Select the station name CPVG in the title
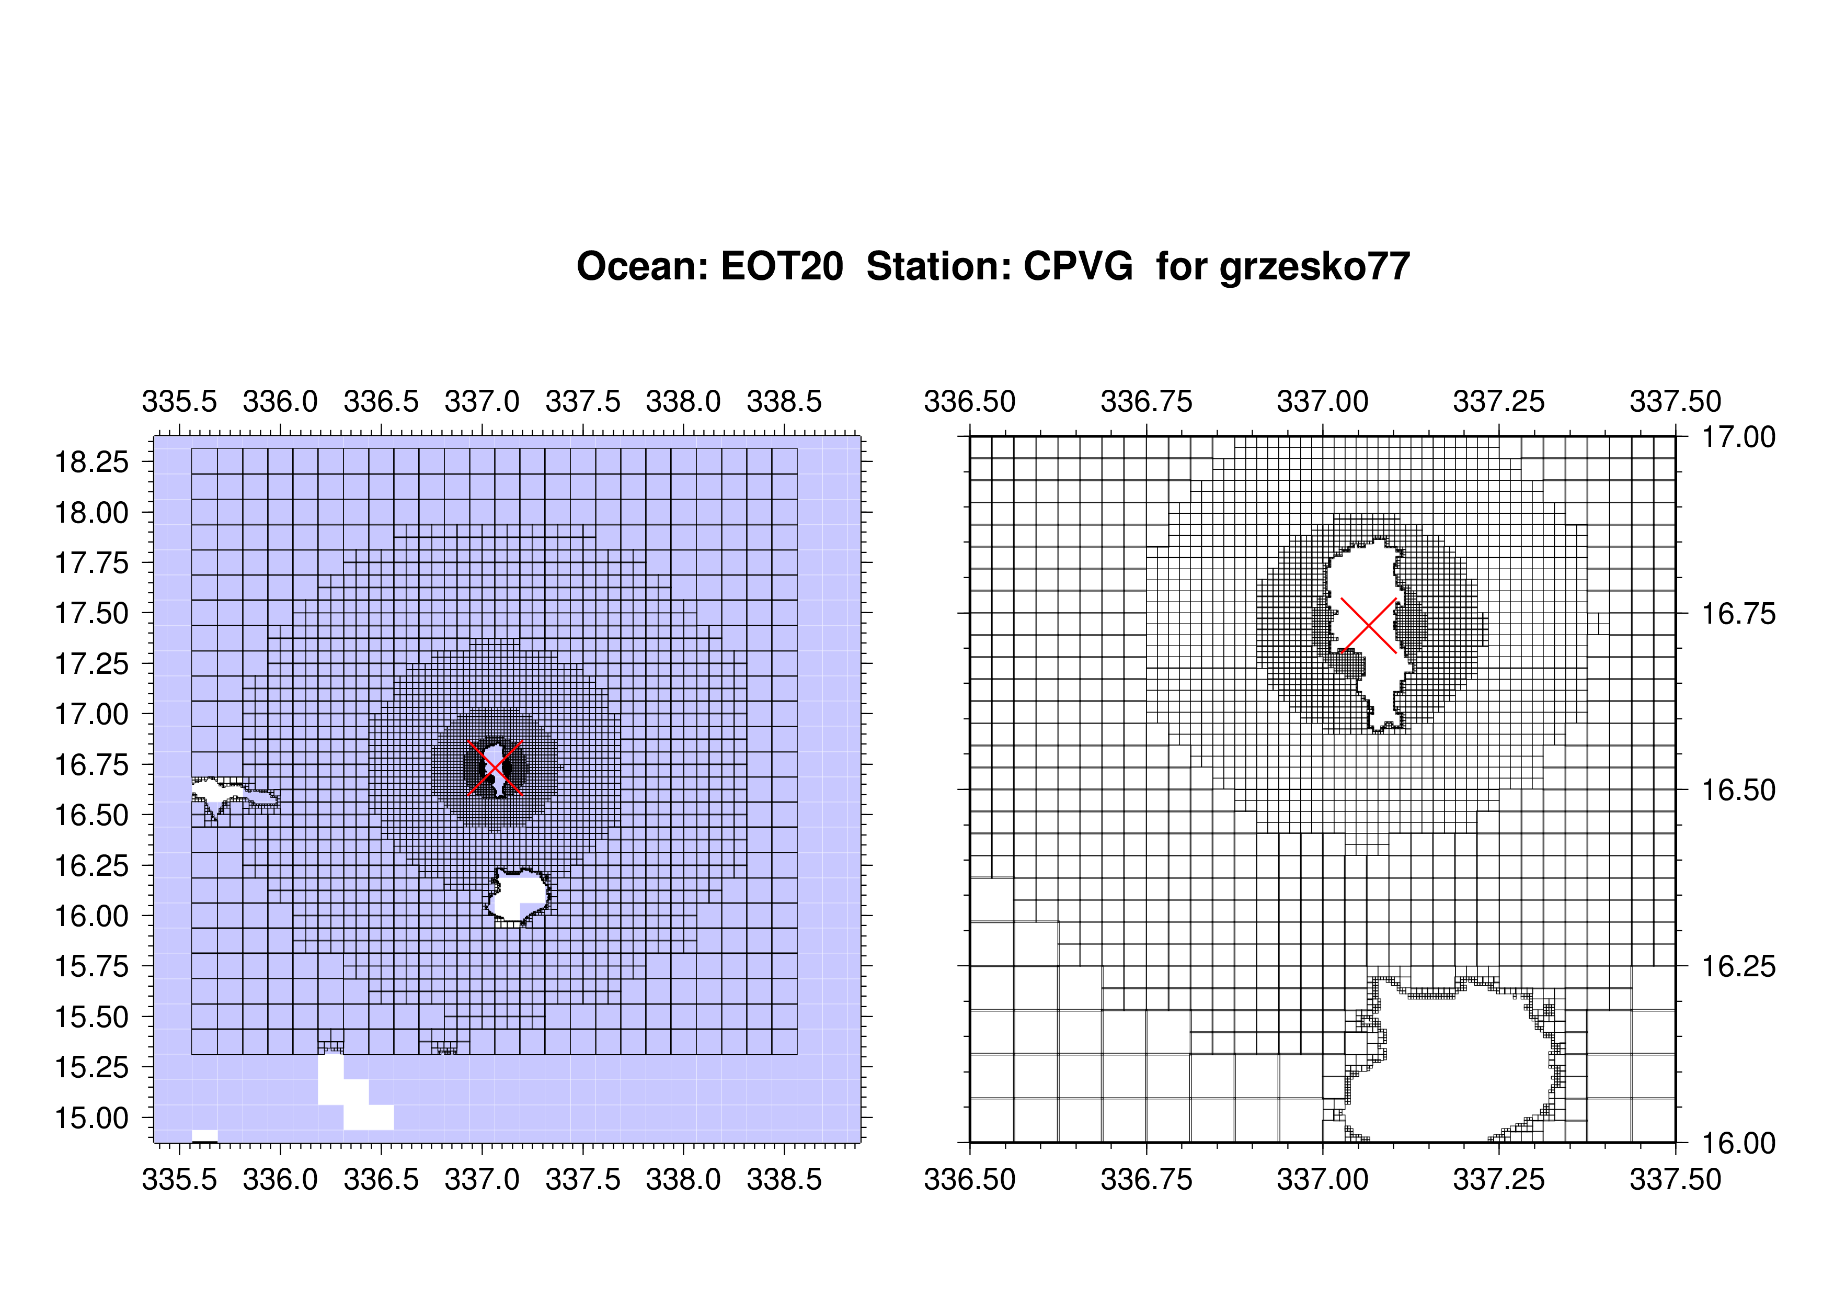(x=1079, y=266)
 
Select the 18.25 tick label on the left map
(x=91, y=462)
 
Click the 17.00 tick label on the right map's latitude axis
(x=1739, y=437)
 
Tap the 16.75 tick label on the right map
(x=1739, y=614)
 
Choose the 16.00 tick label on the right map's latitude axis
(x=1739, y=1143)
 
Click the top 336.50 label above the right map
(x=970, y=401)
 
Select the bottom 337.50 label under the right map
(x=1675, y=1179)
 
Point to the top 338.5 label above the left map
(x=784, y=401)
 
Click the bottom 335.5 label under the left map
(x=180, y=1179)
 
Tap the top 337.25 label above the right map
(x=1498, y=401)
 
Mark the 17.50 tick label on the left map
(x=91, y=614)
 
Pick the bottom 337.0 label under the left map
(x=482, y=1179)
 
